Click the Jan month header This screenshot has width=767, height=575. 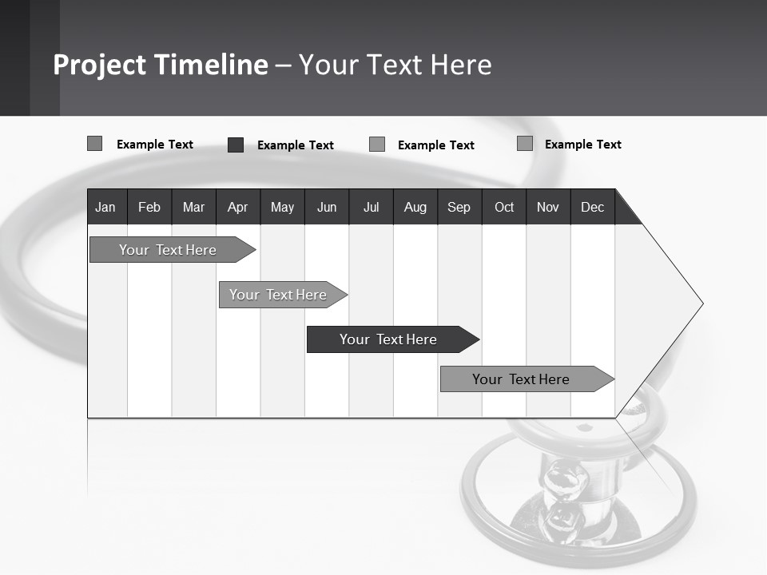pyautogui.click(x=105, y=207)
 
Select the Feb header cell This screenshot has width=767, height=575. pyautogui.click(x=149, y=207)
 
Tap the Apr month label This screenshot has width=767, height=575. pyautogui.click(x=237, y=207)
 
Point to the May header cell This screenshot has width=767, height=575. pyautogui.click(x=282, y=207)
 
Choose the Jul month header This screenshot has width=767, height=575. pyautogui.click(x=371, y=207)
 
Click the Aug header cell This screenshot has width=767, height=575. pyautogui.click(x=415, y=207)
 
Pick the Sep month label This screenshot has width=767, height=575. pyautogui.click(x=459, y=207)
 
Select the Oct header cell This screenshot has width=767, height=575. pyautogui.click(x=504, y=207)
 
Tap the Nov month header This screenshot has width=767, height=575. pyautogui.click(x=548, y=207)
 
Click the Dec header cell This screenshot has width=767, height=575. pyautogui.click(x=593, y=207)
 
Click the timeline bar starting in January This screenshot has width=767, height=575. pyautogui.click(x=168, y=250)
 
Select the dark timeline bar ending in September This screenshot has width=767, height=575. pyautogui.click(x=388, y=339)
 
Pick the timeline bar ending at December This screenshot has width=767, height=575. pyautogui.click(x=521, y=379)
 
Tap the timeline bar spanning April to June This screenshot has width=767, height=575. pyautogui.click(x=278, y=295)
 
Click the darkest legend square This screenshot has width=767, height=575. pyautogui.click(x=236, y=145)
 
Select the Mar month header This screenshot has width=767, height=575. pyautogui.click(x=193, y=207)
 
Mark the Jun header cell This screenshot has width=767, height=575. pyautogui.click(x=327, y=207)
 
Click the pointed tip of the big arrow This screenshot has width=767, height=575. pyautogui.click(x=701, y=303)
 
